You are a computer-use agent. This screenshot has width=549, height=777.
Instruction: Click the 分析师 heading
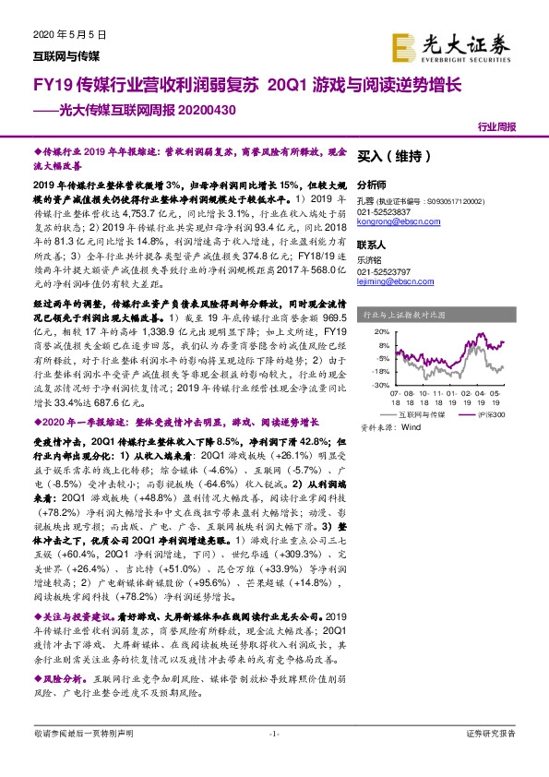371,185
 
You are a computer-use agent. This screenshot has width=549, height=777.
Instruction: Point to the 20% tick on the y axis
380,330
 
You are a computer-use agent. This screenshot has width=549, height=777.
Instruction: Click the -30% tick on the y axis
378,387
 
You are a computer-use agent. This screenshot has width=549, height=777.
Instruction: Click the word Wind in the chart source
412,427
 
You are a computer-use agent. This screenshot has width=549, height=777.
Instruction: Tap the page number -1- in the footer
273,759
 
